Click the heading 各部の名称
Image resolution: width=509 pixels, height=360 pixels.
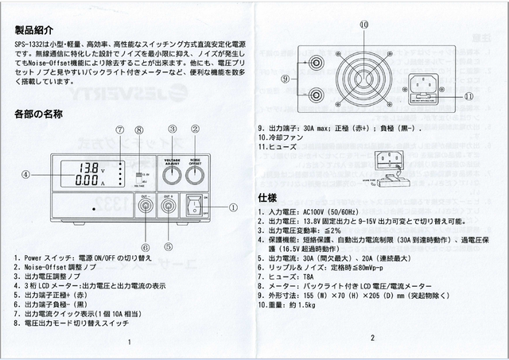tap(38, 114)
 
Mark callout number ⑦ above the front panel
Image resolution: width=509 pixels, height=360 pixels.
tap(120, 130)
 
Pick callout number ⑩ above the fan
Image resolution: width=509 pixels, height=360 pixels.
tap(363, 25)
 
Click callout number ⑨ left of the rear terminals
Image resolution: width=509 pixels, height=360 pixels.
tap(286, 78)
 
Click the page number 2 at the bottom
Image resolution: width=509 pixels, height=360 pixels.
tap(371, 338)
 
